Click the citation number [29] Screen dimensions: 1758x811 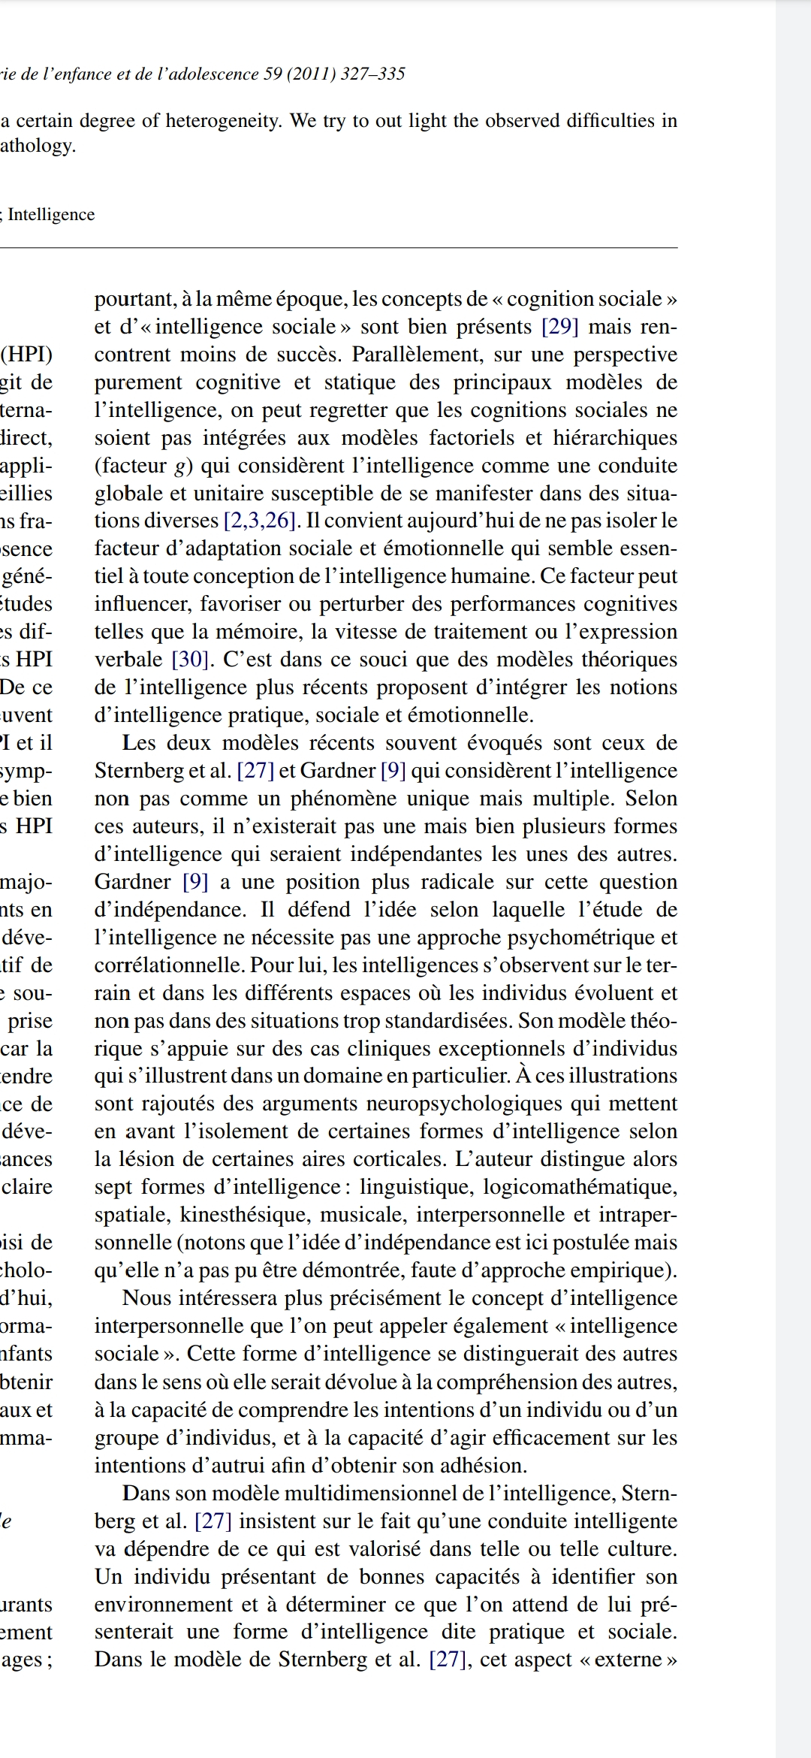559,327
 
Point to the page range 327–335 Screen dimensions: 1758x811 372,74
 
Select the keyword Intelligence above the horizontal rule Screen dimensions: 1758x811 51,215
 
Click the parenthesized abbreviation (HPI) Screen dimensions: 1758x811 27,355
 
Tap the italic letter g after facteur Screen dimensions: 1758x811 179,467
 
